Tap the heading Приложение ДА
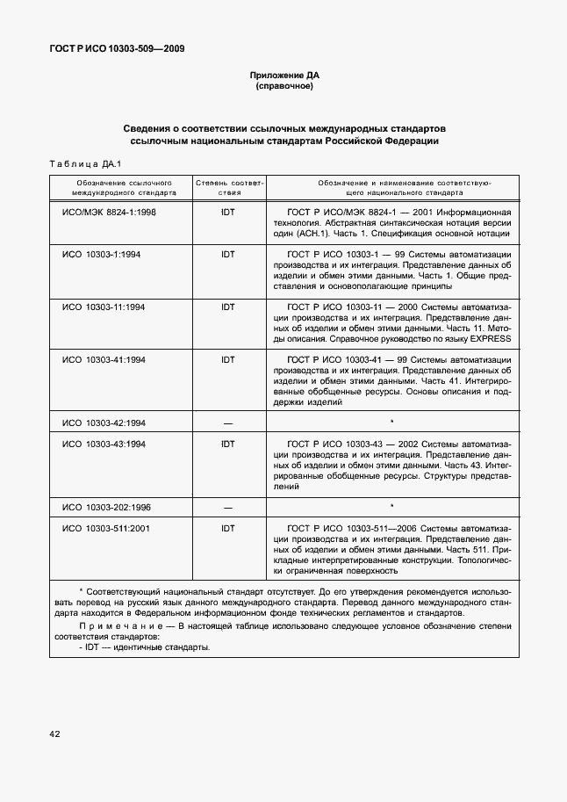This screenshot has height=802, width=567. point(283,76)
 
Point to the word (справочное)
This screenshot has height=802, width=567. point(283,87)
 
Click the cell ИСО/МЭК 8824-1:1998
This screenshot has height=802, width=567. point(109,212)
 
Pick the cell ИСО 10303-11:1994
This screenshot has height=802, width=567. point(104,307)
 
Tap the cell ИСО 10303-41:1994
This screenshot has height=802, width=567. point(104,359)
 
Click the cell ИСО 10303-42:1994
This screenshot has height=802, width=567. point(104,423)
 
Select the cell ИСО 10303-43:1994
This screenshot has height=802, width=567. point(104,444)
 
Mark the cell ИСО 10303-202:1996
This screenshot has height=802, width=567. point(107,507)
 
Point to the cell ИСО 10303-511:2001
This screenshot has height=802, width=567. point(107,528)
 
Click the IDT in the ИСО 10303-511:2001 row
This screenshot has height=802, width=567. point(228,528)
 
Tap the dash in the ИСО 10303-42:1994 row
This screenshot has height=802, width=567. point(228,423)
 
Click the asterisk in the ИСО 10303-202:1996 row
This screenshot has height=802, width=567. point(391,506)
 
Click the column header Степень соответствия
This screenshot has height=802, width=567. point(228,188)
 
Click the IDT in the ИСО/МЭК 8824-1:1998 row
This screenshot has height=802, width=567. point(228,212)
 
